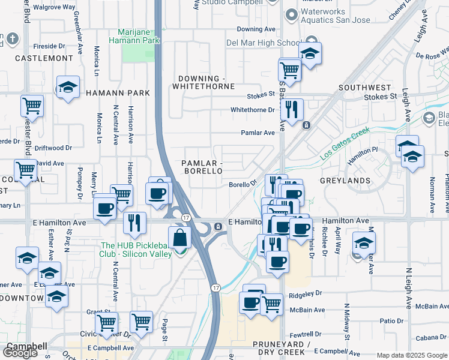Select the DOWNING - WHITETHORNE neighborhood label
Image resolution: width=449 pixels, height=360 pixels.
tap(203, 82)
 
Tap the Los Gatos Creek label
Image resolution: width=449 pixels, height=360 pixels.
tap(342, 150)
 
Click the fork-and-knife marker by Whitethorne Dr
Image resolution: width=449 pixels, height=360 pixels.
tap(292, 109)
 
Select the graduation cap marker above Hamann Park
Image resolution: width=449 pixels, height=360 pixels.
tap(68, 87)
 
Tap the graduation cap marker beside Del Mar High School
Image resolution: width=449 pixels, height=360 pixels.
tap(310, 53)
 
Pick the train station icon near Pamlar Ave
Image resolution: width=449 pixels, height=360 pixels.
tap(306, 125)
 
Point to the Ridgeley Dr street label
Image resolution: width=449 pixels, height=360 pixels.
tap(306, 295)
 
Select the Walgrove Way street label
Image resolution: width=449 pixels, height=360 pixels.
tap(54, 7)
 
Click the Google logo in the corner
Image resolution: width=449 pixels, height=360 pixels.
tap(20, 353)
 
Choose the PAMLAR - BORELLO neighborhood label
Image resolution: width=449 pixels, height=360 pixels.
tap(203, 167)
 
